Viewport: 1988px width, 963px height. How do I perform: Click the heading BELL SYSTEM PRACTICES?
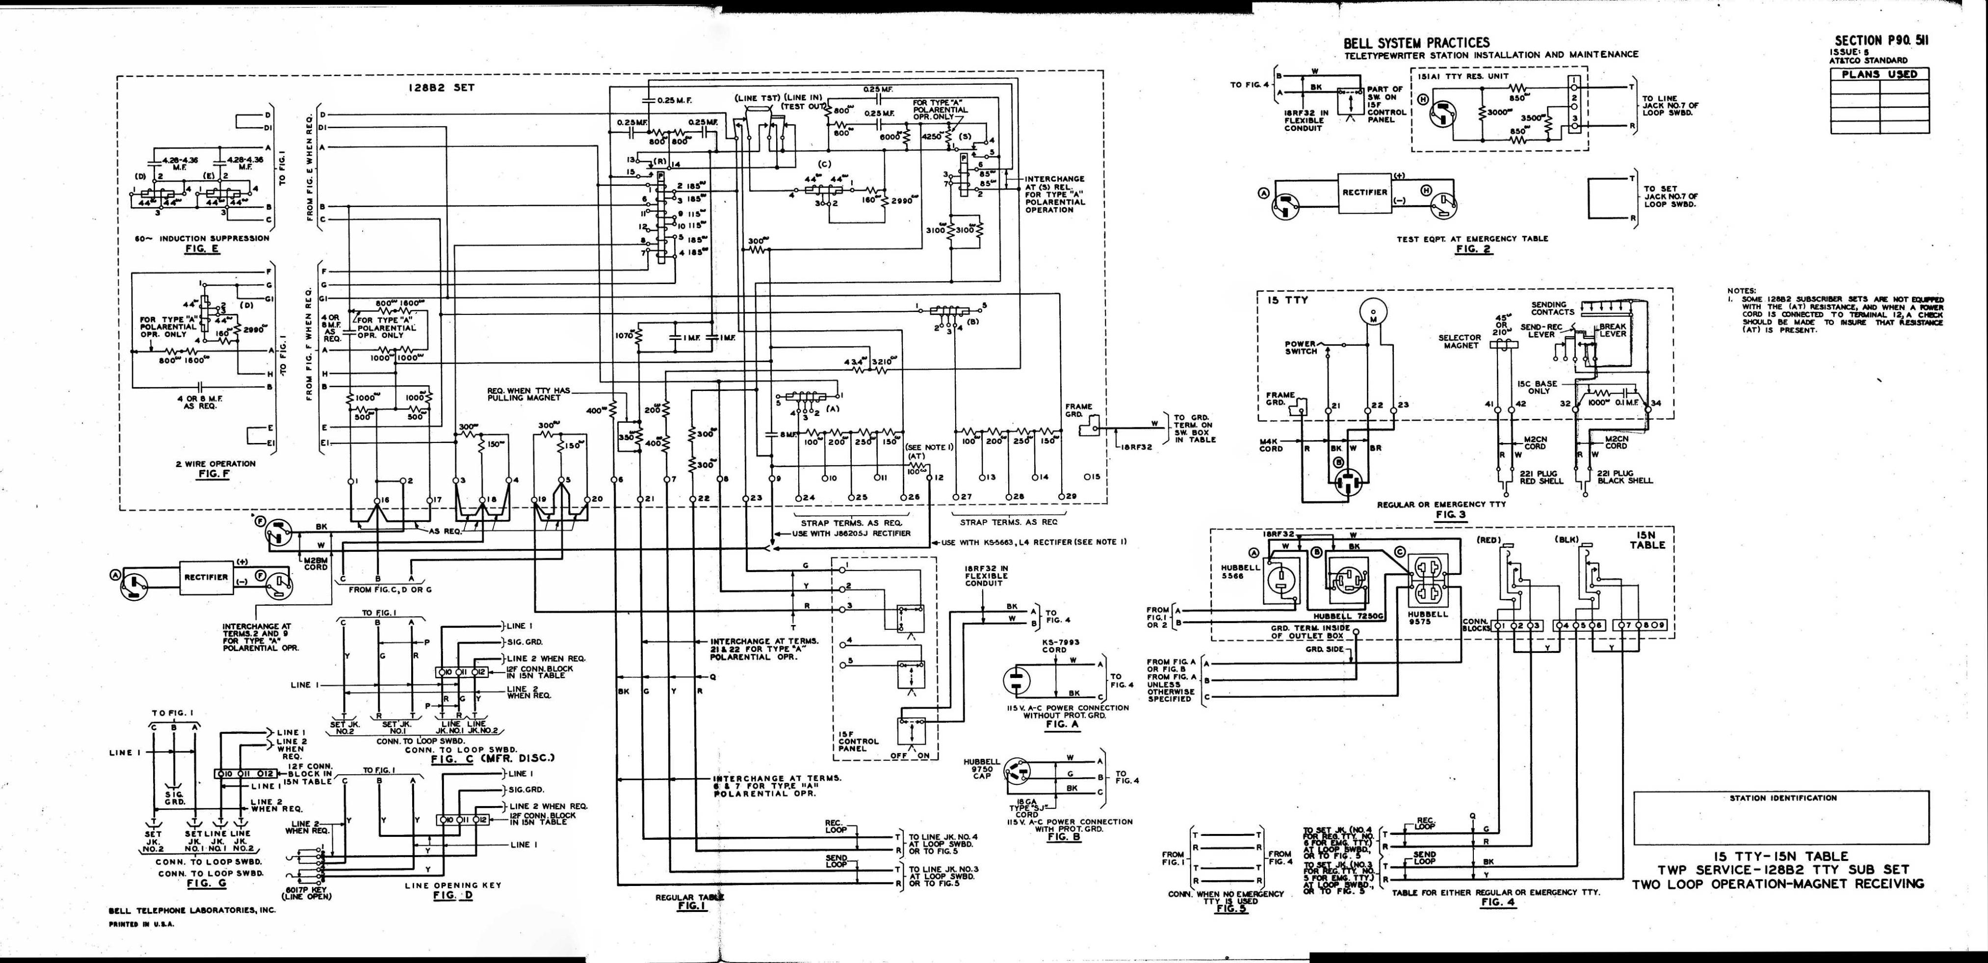click(x=1416, y=43)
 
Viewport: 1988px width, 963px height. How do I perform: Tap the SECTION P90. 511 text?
click(x=1880, y=41)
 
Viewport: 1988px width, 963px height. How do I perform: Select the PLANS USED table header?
click(x=1879, y=74)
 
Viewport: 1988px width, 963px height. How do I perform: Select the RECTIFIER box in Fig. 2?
click(x=1364, y=192)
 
